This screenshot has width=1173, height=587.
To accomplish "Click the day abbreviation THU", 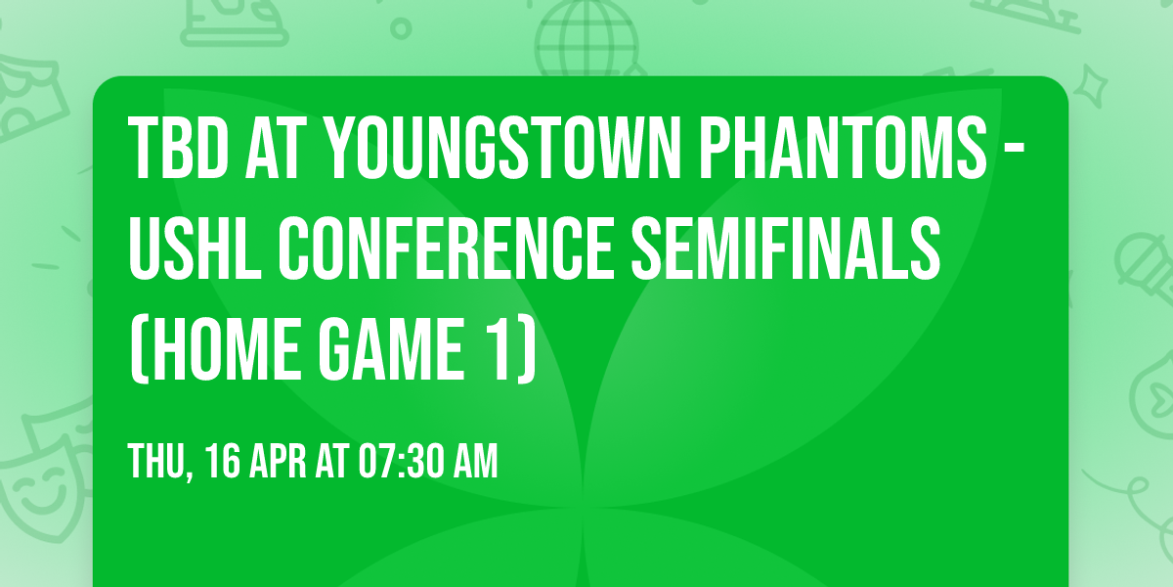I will (x=157, y=461).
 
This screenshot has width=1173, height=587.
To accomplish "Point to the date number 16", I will (x=222, y=461).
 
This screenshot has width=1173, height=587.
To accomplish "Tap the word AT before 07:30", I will (x=337, y=461).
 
